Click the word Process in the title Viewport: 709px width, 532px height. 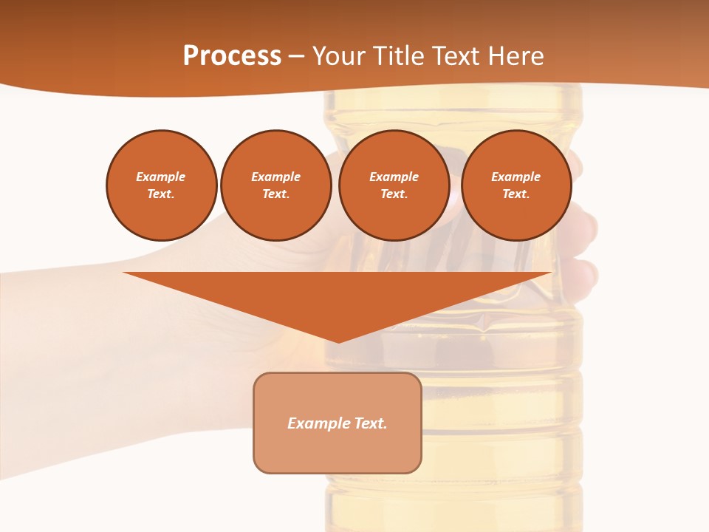(x=232, y=56)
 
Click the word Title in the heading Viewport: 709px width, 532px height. (x=398, y=56)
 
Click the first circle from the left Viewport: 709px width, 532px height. (x=161, y=185)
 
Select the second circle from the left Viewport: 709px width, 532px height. (x=275, y=185)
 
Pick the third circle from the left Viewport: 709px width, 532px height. (x=394, y=185)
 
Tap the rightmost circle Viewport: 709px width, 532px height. (x=516, y=185)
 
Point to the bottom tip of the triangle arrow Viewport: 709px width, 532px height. (x=338, y=341)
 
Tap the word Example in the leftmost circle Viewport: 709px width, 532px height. (x=161, y=177)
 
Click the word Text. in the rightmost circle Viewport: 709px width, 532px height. (x=516, y=194)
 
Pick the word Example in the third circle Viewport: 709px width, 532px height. (x=394, y=177)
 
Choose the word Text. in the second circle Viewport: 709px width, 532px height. (x=275, y=194)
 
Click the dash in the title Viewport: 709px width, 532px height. (x=296, y=56)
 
